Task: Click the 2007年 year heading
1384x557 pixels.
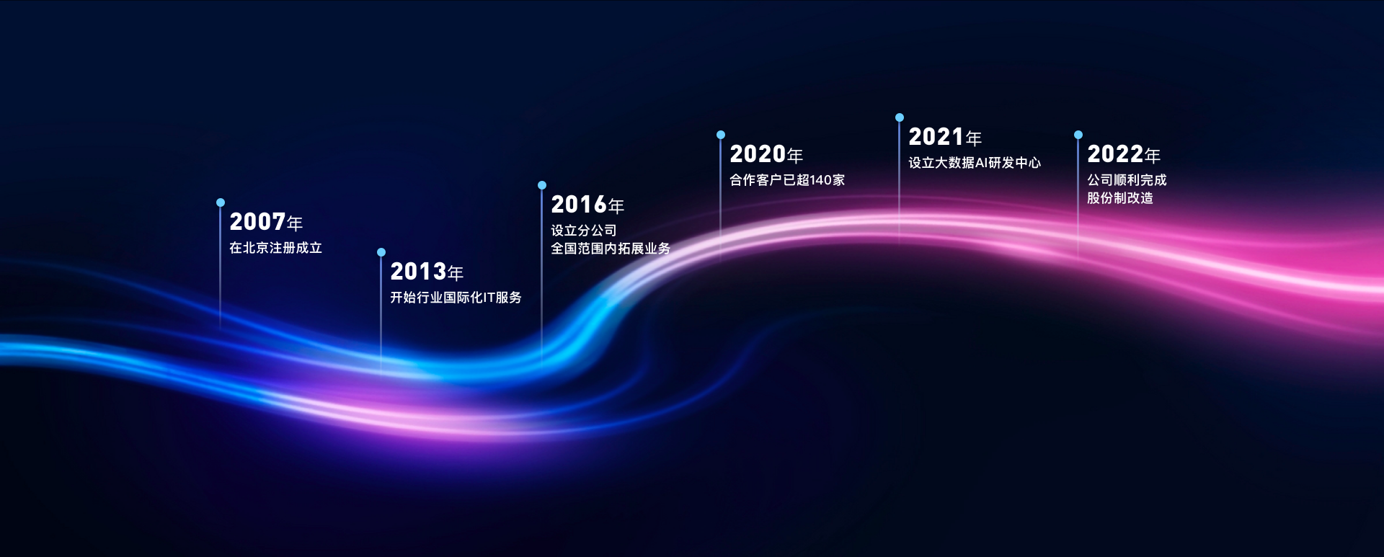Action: pyautogui.click(x=266, y=222)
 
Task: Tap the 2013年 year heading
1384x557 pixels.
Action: pyautogui.click(x=427, y=272)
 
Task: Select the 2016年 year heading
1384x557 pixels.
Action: pyautogui.click(x=587, y=205)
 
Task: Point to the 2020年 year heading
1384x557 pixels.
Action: pyautogui.click(x=766, y=154)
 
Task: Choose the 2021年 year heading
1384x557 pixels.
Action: pyautogui.click(x=945, y=137)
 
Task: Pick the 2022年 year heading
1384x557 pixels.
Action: pyautogui.click(x=1124, y=154)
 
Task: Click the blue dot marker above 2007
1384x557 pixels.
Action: pyautogui.click(x=221, y=202)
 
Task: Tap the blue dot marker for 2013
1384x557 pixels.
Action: pyautogui.click(x=381, y=252)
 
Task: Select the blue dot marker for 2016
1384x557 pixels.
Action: pyautogui.click(x=542, y=185)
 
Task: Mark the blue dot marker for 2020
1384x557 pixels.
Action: pyautogui.click(x=721, y=135)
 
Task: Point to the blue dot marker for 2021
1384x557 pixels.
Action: pyautogui.click(x=900, y=117)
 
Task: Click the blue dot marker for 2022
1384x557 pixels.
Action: pyautogui.click(x=1078, y=135)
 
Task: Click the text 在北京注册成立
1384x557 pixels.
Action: pyautogui.click(x=275, y=248)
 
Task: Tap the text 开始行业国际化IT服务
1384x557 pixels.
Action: pyautogui.click(x=456, y=298)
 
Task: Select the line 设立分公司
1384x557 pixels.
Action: pyautogui.click(x=584, y=231)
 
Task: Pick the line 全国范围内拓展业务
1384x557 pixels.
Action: pyautogui.click(x=611, y=249)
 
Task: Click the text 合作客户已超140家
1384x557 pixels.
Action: pyautogui.click(x=787, y=180)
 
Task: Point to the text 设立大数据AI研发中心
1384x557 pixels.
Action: pyautogui.click(x=975, y=163)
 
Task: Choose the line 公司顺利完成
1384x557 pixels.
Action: pyautogui.click(x=1127, y=180)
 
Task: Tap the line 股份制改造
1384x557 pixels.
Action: pyautogui.click(x=1120, y=198)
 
